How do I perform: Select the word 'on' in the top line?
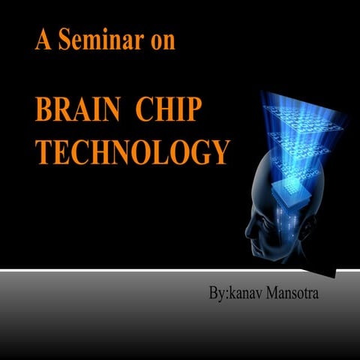click(x=160, y=40)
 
